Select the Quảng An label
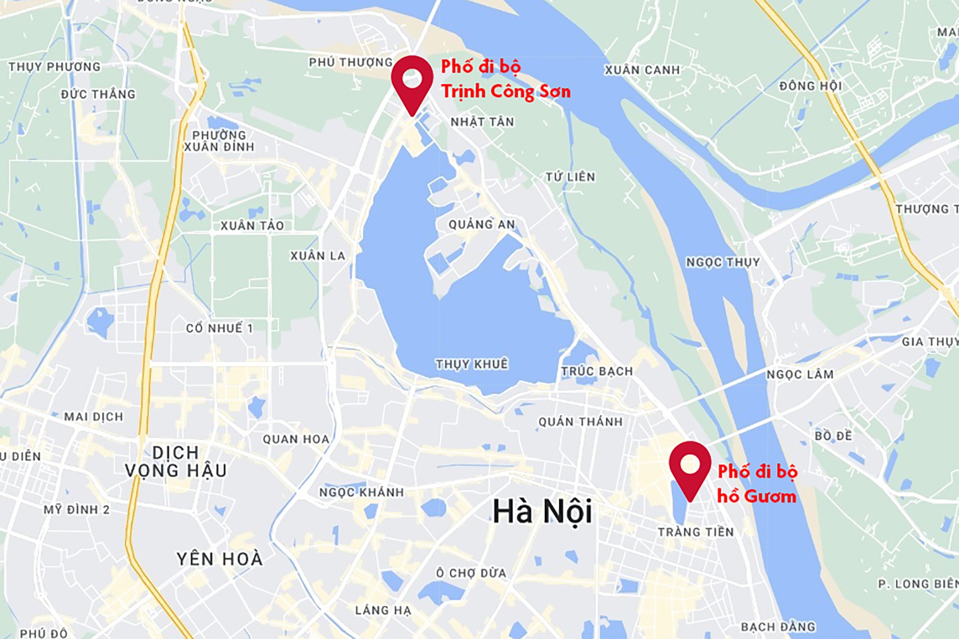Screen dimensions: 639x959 (481, 225)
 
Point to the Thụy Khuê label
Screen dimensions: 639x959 (472, 364)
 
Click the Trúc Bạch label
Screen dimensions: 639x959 (597, 371)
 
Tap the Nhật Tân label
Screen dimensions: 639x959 (482, 122)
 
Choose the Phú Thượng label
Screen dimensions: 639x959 (351, 62)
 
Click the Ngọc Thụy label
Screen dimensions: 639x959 (722, 262)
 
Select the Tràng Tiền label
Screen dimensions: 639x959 (696, 532)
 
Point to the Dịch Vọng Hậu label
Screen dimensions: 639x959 (176, 462)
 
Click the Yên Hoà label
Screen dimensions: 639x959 (220, 559)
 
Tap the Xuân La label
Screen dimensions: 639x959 (318, 256)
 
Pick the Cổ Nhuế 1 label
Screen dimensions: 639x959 (219, 328)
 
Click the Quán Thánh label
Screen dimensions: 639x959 (580, 422)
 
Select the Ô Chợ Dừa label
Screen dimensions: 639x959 (471, 573)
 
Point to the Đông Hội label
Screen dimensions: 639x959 (810, 86)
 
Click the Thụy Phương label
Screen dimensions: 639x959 (54, 67)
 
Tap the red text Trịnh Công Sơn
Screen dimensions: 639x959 (505, 91)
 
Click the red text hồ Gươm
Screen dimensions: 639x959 (757, 496)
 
